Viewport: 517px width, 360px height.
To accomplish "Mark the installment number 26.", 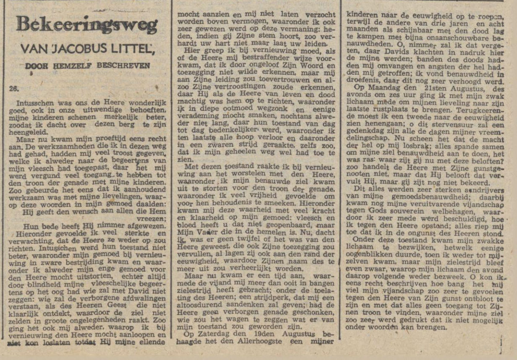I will [14, 89].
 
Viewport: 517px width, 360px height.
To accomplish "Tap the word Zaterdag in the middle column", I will [202, 334].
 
